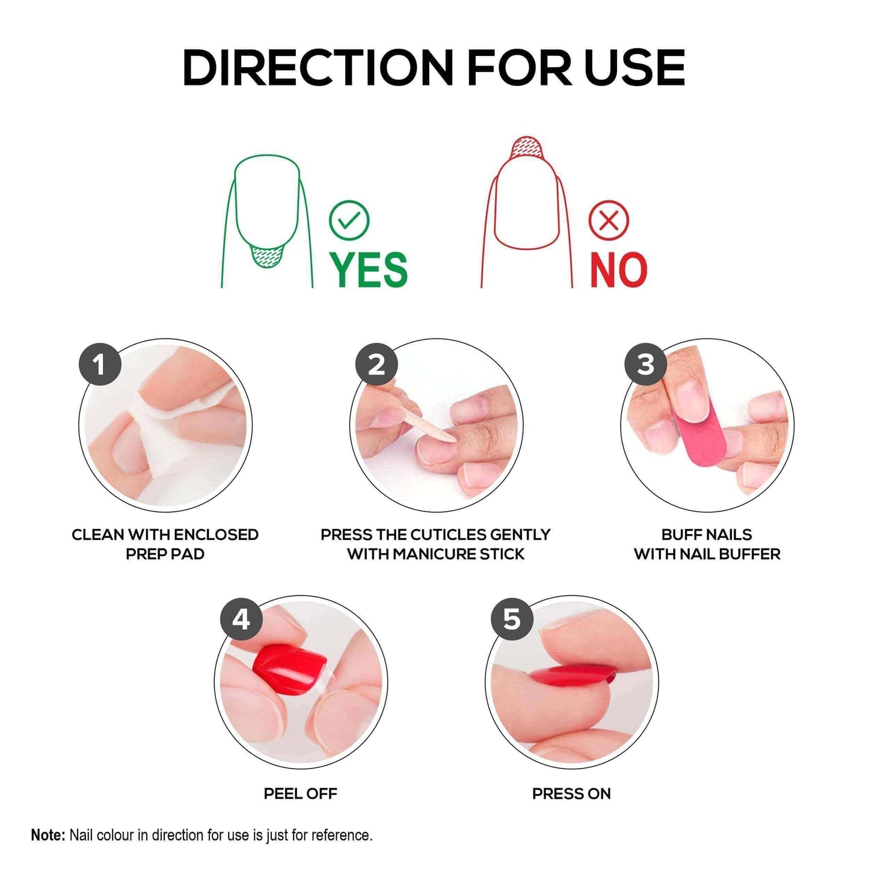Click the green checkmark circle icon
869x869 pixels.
[349, 220]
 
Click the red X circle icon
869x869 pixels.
[609, 220]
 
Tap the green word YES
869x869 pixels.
[369, 269]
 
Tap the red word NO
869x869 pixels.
[618, 270]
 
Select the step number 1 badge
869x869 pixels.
[100, 364]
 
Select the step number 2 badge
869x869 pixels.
[376, 364]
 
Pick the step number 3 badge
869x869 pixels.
[645, 364]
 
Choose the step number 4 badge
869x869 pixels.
[241, 619]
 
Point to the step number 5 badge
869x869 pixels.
[512, 619]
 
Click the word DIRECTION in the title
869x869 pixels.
[318, 67]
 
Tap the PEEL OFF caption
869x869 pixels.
[300, 794]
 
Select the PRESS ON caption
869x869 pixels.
[571, 794]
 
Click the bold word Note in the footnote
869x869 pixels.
[48, 835]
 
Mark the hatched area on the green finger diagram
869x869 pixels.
[266, 257]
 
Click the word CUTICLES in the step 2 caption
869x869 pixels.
[449, 535]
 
